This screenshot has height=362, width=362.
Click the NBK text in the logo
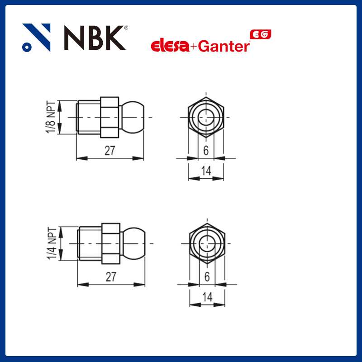94,38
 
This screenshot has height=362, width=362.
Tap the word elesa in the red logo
169,46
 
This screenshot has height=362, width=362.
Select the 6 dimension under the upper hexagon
206,151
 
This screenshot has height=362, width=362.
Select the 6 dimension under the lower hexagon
207,277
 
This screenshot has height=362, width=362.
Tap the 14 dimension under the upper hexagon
206,171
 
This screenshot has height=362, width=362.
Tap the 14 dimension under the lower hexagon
207,297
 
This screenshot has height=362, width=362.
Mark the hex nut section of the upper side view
110,117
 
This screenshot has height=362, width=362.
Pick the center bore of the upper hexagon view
206,117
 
